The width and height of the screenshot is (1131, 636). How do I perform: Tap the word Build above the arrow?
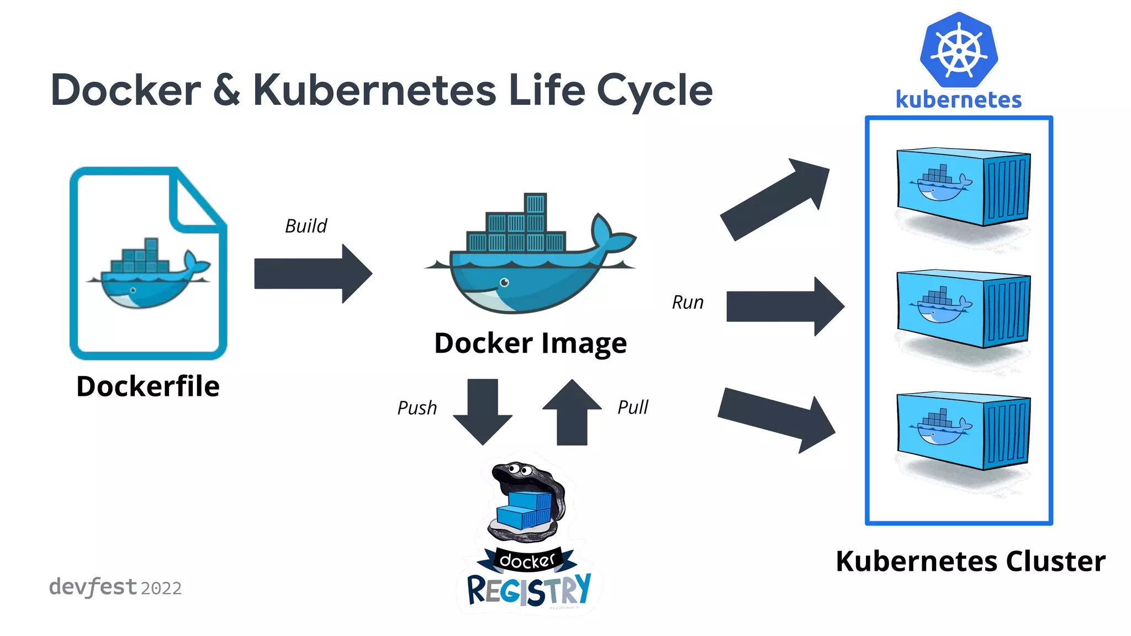click(306, 226)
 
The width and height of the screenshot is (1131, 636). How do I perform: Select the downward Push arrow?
click(483, 411)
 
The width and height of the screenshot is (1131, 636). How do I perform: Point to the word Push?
click(417, 408)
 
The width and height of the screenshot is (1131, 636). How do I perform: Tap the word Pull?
click(632, 407)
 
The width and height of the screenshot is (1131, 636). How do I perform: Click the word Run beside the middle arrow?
click(688, 303)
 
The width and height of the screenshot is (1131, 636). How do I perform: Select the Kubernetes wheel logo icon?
click(959, 50)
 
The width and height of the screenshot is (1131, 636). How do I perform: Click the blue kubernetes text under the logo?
click(959, 100)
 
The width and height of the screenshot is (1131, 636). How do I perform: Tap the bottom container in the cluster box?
click(963, 430)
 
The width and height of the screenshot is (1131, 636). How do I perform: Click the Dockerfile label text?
click(148, 386)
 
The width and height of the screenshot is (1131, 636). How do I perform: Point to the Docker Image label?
click(530, 343)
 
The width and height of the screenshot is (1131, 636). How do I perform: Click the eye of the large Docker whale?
click(504, 283)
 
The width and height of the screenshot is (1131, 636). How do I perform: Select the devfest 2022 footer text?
click(115, 587)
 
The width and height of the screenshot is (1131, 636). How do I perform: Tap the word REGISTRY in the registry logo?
click(528, 590)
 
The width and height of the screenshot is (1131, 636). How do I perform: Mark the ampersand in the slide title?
click(227, 90)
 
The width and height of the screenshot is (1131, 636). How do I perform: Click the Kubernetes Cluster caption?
click(970, 561)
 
